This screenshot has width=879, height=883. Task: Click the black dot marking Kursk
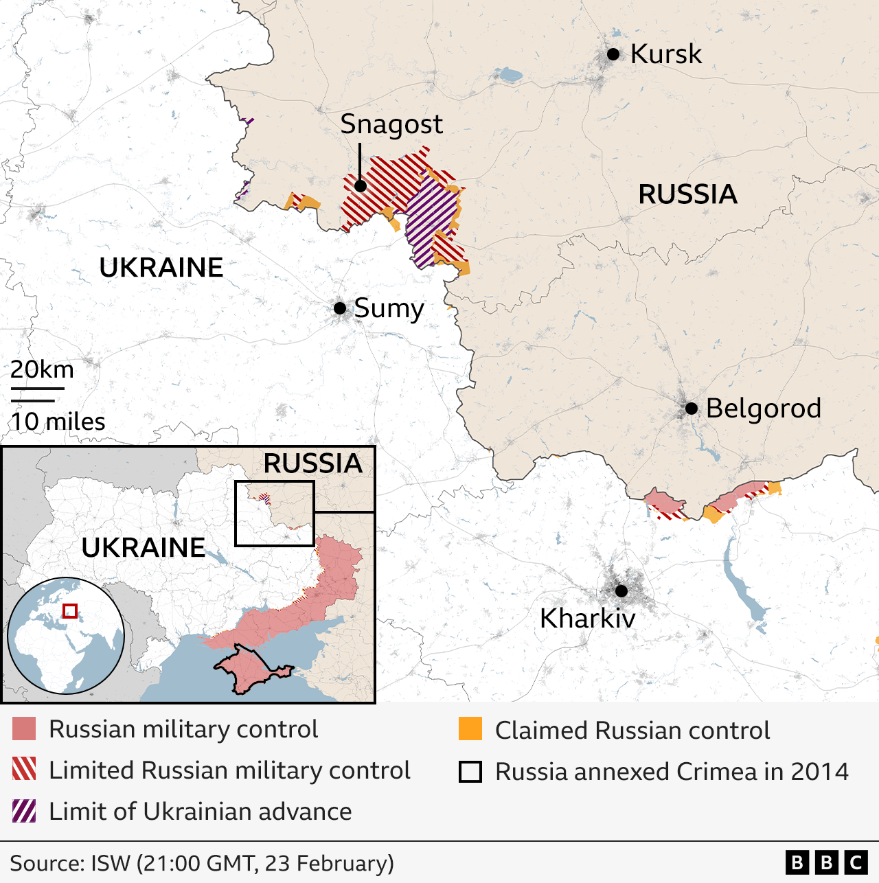[x=613, y=54]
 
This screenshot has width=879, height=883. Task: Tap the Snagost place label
[x=391, y=124]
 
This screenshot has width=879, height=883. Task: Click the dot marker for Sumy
[x=340, y=308]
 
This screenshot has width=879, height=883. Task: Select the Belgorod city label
[x=763, y=408]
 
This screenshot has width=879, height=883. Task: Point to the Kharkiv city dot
[x=621, y=590]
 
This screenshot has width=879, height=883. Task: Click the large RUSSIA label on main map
[x=687, y=194]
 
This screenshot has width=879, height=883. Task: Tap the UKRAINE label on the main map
[x=161, y=267]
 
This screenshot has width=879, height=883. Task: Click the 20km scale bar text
[x=42, y=369]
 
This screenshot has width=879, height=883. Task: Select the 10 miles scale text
[x=58, y=421]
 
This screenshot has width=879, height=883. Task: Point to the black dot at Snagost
[x=360, y=185]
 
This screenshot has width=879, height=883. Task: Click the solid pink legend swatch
[x=24, y=729]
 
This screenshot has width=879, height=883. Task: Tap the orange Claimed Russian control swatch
[x=470, y=729]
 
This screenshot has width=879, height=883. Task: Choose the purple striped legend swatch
[x=24, y=811]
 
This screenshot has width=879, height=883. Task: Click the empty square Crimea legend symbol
[x=470, y=771]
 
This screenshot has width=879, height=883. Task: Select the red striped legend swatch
[x=24, y=770]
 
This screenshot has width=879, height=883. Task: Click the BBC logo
[x=826, y=862]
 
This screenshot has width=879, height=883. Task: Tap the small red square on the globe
[x=70, y=610]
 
